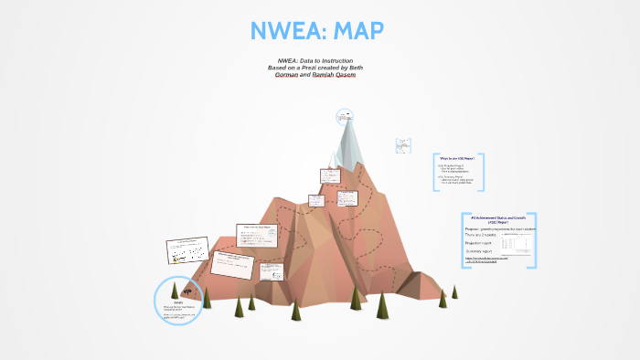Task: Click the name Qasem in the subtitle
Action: pyautogui.click(x=340, y=75)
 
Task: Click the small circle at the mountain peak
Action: pyautogui.click(x=345, y=116)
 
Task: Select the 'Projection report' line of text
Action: pyautogui.click(x=483, y=243)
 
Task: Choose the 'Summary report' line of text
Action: pyautogui.click(x=481, y=251)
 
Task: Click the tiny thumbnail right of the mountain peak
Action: pyautogui.click(x=402, y=145)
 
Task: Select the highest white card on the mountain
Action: pyautogui.click(x=329, y=176)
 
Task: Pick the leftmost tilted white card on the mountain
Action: pyautogui.click(x=187, y=251)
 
